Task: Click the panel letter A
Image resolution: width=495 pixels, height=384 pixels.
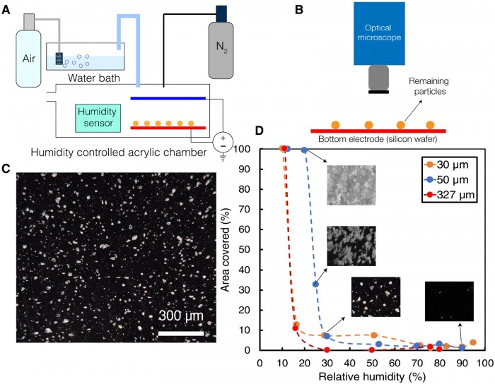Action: pos(6,8)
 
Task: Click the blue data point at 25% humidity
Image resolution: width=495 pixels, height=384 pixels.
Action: pos(315,284)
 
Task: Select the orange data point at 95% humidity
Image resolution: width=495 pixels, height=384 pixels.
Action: pos(473,342)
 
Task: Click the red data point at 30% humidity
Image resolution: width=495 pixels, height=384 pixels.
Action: pos(327,350)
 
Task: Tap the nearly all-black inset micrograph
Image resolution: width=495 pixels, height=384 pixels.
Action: pos(449,301)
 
